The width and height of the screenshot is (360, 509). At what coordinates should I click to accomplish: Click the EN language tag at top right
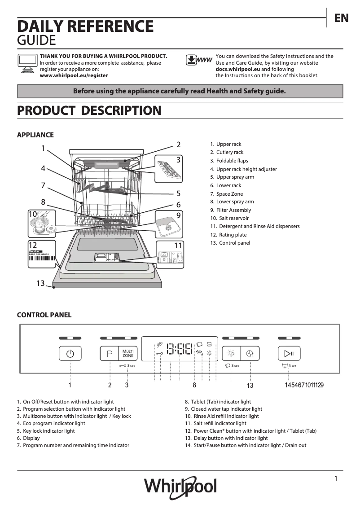(341, 18)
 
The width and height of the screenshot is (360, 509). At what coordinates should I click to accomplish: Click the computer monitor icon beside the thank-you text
(27, 62)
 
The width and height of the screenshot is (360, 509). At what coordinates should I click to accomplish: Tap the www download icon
(198, 60)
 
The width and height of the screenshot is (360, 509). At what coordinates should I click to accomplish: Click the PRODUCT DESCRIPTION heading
(89, 110)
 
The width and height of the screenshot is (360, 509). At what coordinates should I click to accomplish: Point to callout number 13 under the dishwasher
(41, 283)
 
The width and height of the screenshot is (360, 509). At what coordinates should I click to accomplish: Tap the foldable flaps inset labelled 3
(169, 168)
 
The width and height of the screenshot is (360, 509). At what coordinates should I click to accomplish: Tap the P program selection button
(109, 353)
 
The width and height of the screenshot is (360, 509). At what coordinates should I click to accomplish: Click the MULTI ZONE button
(128, 353)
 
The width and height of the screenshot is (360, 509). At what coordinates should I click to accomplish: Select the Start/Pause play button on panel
(289, 353)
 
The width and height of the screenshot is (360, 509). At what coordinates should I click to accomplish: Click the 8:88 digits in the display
(179, 349)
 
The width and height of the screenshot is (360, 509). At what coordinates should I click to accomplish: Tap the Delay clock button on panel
(250, 353)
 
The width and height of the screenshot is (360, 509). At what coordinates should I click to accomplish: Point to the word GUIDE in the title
(36, 40)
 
